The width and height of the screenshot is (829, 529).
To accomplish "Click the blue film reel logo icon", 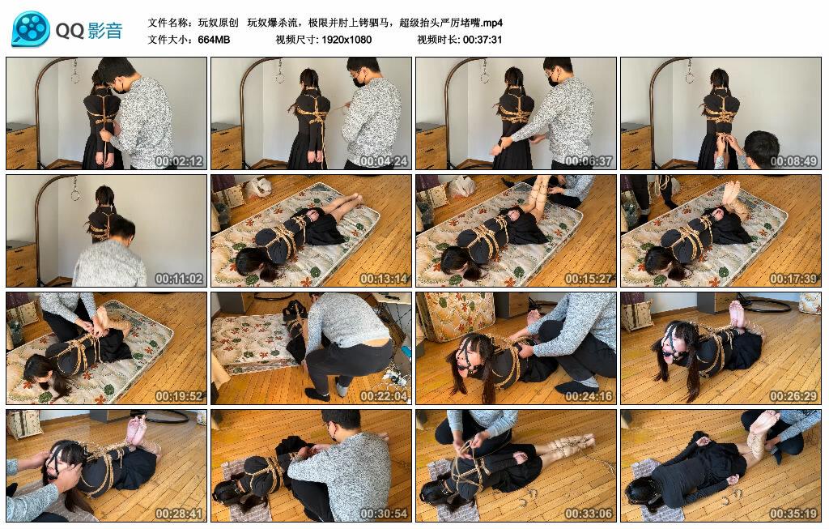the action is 31,29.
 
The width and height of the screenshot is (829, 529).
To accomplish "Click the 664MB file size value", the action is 214,40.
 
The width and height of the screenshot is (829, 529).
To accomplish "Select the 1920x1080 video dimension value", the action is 346,40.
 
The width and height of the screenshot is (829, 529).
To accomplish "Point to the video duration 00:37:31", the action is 483,40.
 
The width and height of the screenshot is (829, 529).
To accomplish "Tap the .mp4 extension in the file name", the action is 493,23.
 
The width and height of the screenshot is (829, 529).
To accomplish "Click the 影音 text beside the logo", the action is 105,30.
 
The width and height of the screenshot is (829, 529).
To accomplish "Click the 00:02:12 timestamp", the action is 179,161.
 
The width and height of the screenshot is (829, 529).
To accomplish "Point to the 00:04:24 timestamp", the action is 384,161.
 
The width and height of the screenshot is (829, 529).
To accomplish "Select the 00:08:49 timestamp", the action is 793,161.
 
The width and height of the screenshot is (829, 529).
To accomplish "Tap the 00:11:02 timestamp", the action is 179,278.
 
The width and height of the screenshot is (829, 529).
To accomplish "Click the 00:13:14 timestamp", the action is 384,278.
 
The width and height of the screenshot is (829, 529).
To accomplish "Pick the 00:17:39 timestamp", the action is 793,278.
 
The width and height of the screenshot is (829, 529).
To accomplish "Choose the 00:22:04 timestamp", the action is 384,395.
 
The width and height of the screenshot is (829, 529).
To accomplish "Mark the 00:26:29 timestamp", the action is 793,395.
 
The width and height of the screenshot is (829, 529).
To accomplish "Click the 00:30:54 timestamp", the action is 384,513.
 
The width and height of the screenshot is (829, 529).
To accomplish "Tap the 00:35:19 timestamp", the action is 793,513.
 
